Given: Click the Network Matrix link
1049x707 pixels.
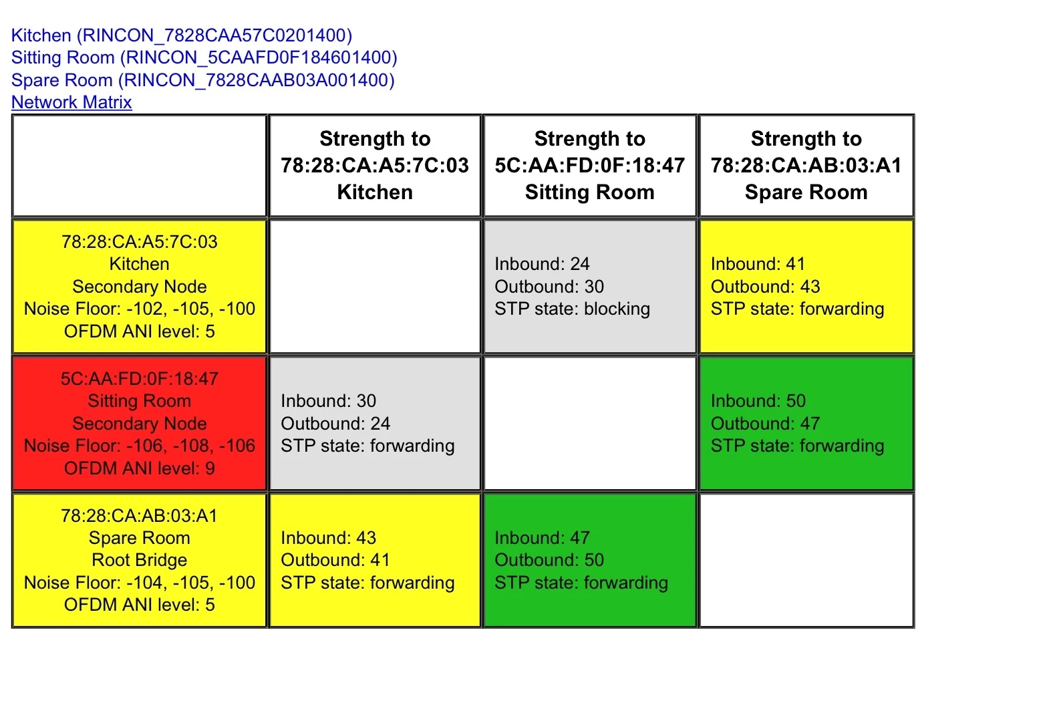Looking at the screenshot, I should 71,102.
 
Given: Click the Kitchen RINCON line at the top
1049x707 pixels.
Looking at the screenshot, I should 182,35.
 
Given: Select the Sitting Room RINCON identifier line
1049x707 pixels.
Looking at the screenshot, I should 204,57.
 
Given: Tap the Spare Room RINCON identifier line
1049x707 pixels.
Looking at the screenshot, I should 202,80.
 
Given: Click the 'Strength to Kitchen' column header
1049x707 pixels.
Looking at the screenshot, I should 374,166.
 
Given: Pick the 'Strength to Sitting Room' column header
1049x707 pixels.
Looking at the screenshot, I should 589,166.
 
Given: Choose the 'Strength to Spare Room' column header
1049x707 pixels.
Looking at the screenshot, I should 806,166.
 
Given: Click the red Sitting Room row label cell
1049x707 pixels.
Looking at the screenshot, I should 139,423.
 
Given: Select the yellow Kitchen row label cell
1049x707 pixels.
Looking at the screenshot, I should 139,286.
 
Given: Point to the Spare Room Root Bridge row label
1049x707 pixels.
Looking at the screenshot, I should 139,560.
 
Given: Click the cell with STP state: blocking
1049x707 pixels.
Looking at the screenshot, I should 589,286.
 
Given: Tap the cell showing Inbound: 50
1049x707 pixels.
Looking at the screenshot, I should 806,423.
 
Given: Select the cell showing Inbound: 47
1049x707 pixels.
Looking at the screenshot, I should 589,560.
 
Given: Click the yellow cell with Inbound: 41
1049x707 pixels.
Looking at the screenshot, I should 806,286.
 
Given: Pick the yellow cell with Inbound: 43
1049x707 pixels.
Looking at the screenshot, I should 374,560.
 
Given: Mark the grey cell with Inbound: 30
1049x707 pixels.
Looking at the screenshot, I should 374,423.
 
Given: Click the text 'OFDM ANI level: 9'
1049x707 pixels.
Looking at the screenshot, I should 139,468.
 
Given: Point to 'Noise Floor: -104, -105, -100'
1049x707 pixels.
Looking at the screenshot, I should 139,583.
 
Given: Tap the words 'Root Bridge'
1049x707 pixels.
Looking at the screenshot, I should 139,560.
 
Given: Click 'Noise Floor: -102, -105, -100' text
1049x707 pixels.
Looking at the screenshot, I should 139,309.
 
